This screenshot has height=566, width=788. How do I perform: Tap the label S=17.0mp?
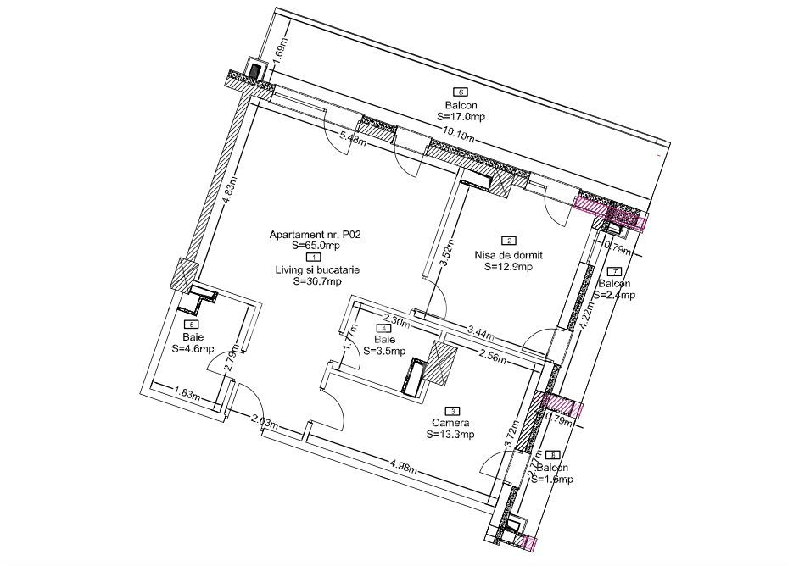click(x=461, y=116)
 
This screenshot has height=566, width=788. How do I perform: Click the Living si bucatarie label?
click(x=316, y=269)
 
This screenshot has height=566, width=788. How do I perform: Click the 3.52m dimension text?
click(x=444, y=254)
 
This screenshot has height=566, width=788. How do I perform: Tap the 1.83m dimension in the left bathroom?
click(x=187, y=392)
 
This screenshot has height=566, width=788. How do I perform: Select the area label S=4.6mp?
click(x=193, y=347)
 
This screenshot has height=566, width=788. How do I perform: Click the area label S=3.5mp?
click(x=384, y=350)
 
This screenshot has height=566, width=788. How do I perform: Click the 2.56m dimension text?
click(x=492, y=357)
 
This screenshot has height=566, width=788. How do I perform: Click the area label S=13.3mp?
click(x=450, y=435)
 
